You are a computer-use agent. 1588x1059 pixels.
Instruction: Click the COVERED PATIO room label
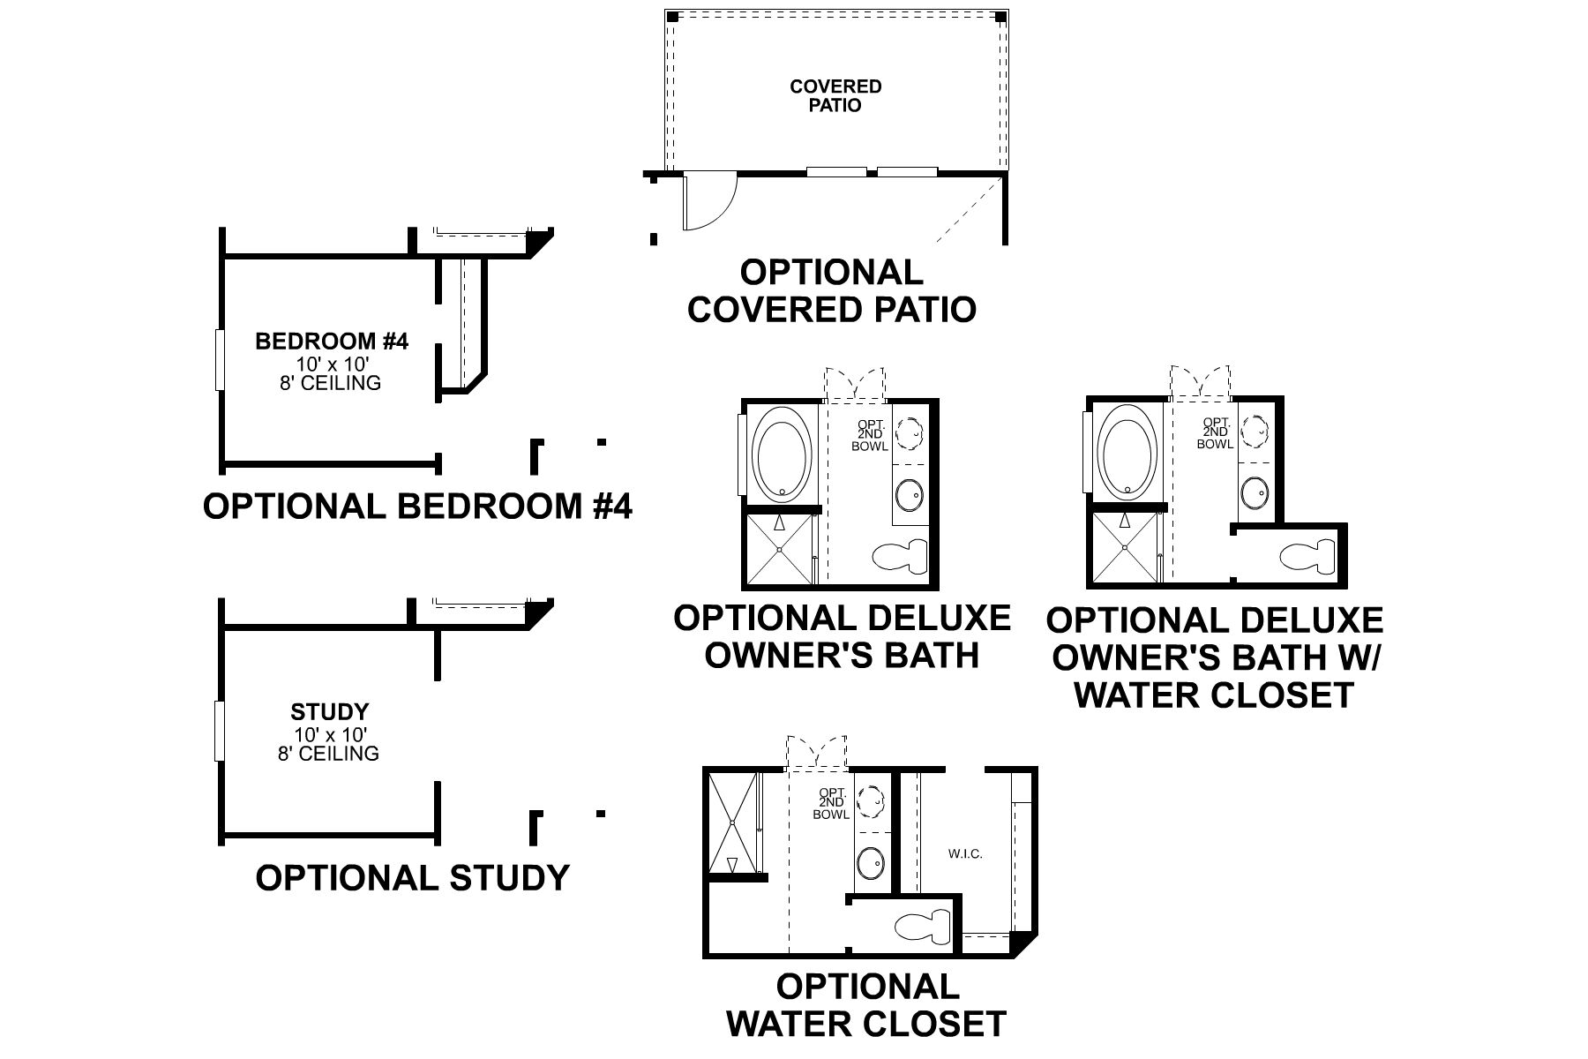(835, 95)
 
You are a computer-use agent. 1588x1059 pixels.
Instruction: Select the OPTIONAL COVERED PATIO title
(831, 291)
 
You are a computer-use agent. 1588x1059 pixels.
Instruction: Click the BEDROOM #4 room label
(331, 342)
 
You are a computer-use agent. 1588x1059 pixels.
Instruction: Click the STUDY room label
(329, 711)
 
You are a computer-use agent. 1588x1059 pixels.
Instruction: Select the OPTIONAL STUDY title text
(412, 878)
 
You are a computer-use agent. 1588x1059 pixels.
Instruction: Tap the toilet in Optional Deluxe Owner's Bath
(900, 556)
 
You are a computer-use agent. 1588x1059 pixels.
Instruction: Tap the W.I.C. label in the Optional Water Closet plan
(965, 853)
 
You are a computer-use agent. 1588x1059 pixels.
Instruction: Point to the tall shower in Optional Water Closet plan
(733, 822)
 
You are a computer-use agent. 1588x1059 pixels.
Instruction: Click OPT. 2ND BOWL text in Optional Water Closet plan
(832, 803)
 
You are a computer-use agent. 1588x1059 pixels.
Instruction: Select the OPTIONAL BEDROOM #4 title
(417, 507)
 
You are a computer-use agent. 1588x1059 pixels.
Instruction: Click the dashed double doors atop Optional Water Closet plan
(816, 752)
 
